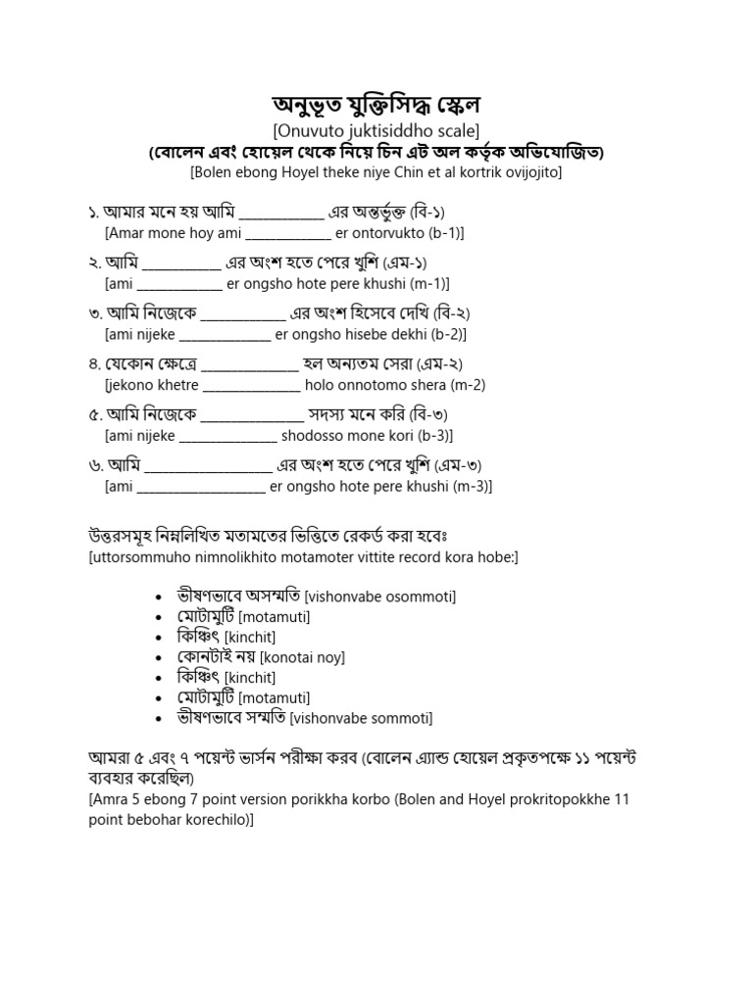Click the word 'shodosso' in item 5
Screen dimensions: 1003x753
click(313, 435)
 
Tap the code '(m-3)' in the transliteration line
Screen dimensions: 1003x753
click(469, 486)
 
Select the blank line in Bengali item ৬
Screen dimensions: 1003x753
click(208, 465)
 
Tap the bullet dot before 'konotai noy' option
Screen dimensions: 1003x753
click(160, 657)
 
